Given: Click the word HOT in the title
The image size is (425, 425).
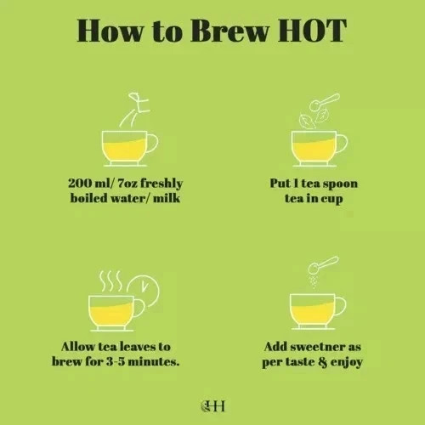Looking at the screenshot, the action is (312, 31).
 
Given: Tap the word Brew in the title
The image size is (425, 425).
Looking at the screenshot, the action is (229, 31).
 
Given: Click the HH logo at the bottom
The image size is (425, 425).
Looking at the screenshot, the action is (212, 405).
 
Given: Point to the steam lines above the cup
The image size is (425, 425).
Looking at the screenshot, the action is (110, 280).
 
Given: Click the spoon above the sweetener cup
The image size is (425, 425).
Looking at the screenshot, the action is (323, 264).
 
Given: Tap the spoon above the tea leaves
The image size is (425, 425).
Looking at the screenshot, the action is (324, 102).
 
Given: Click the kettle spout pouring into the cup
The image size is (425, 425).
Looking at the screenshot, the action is (135, 110).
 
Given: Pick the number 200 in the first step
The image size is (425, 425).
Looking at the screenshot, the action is (80, 183).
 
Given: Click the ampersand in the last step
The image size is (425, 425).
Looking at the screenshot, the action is (322, 362).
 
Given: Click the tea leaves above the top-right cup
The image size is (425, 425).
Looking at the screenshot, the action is (313, 119).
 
